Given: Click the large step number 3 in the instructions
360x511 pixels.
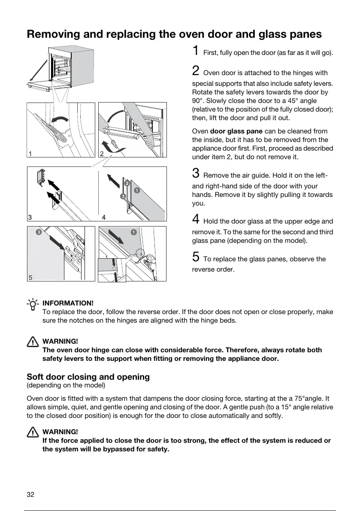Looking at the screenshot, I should click(x=195, y=173).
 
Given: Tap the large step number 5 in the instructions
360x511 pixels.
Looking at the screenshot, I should click(x=195, y=257).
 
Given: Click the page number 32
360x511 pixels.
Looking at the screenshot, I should click(x=30, y=494).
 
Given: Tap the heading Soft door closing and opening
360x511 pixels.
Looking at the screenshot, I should click(x=88, y=377).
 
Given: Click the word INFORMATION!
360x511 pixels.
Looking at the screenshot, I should click(x=68, y=304).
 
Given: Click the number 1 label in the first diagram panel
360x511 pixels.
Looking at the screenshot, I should click(x=30, y=153).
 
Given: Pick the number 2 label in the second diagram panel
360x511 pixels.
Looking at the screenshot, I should click(x=102, y=153).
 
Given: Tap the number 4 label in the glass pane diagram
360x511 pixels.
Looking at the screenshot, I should click(x=104, y=218).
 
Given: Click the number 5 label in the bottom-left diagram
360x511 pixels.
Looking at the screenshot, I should click(x=30, y=277).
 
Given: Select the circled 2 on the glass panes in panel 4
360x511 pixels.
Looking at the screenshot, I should click(x=127, y=183).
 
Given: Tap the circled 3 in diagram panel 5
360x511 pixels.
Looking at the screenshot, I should click(x=39, y=232).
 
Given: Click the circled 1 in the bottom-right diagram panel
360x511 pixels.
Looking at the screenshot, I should click(x=134, y=232).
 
